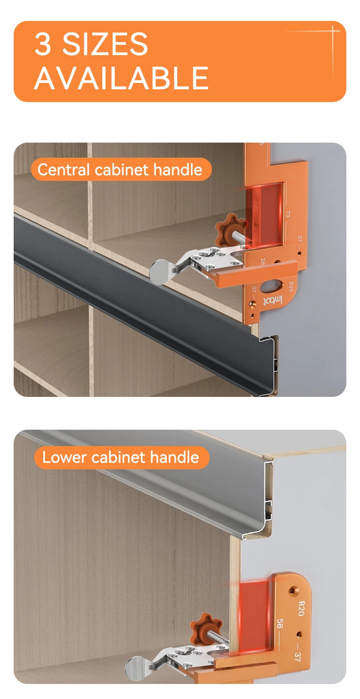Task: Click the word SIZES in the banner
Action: tap(105, 44)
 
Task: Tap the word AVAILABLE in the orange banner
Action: tap(121, 78)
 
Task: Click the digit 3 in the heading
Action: tap(43, 44)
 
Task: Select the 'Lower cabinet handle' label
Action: tap(121, 457)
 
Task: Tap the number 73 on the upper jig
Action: tap(287, 214)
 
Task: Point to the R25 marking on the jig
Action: tap(290, 287)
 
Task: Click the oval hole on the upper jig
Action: tap(271, 287)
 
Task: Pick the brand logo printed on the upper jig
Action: tap(273, 301)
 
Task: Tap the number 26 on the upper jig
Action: tap(262, 261)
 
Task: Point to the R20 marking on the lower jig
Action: tap(301, 608)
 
